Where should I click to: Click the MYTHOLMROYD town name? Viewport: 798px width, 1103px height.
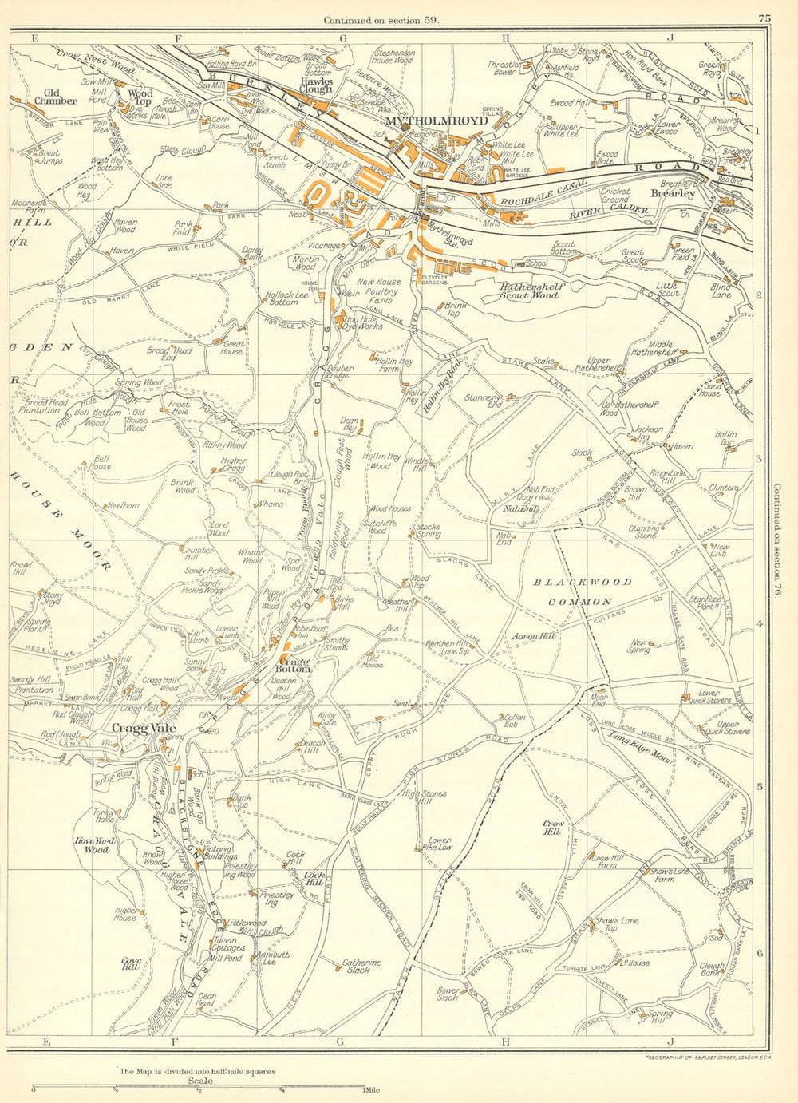[x=436, y=121]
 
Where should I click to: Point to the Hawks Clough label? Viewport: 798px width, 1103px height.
[x=316, y=85]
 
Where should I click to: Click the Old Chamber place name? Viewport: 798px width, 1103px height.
[x=55, y=97]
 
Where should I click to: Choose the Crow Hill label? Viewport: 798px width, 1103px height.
[x=553, y=827]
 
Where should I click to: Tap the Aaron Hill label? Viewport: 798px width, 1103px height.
[x=534, y=636]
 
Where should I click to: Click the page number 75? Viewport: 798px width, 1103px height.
[x=764, y=18]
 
